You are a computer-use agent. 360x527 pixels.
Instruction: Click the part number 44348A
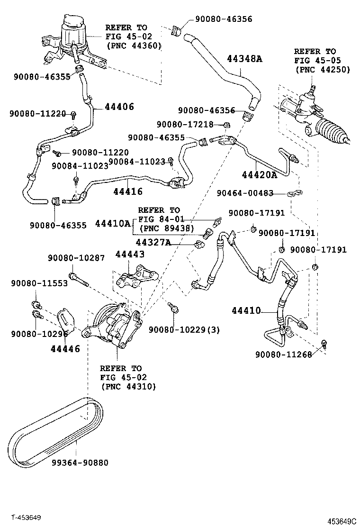point(244,59)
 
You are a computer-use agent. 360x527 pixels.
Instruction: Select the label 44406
point(117,107)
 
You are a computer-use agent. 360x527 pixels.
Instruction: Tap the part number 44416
point(128,191)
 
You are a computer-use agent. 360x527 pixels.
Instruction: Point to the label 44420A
point(259,175)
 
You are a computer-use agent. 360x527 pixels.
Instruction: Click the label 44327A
point(153,243)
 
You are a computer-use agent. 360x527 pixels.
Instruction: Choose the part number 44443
point(130,254)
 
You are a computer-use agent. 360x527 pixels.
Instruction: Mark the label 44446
point(65,349)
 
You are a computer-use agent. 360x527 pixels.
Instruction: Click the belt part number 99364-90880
point(80,462)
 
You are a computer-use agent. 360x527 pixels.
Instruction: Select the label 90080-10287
point(76,258)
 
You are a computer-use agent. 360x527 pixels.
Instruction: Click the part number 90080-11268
point(284,355)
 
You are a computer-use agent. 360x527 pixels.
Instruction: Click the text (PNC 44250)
point(322,69)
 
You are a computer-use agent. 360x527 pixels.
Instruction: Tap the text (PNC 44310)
point(128,386)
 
